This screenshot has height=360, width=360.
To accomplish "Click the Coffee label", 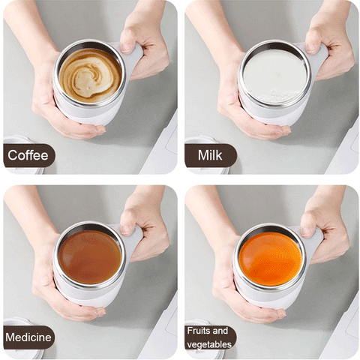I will tap(28, 156).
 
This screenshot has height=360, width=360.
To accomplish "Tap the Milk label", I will tap(211, 156).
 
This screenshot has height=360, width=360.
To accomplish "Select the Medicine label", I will tap(28, 337).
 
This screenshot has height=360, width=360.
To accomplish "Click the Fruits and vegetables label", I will tap(211, 337).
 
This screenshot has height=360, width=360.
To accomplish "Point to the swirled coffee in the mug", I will tap(90, 75).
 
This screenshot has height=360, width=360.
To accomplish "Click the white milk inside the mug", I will tap(274, 76).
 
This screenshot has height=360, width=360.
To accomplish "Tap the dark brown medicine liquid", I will tap(90, 256).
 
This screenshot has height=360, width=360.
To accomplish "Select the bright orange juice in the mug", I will tap(270, 257).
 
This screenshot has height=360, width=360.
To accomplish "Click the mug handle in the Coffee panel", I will tap(133, 60).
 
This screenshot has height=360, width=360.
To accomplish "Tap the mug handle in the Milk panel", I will tap(316, 60).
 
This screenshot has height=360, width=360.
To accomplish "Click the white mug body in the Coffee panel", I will tap(82, 114).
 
